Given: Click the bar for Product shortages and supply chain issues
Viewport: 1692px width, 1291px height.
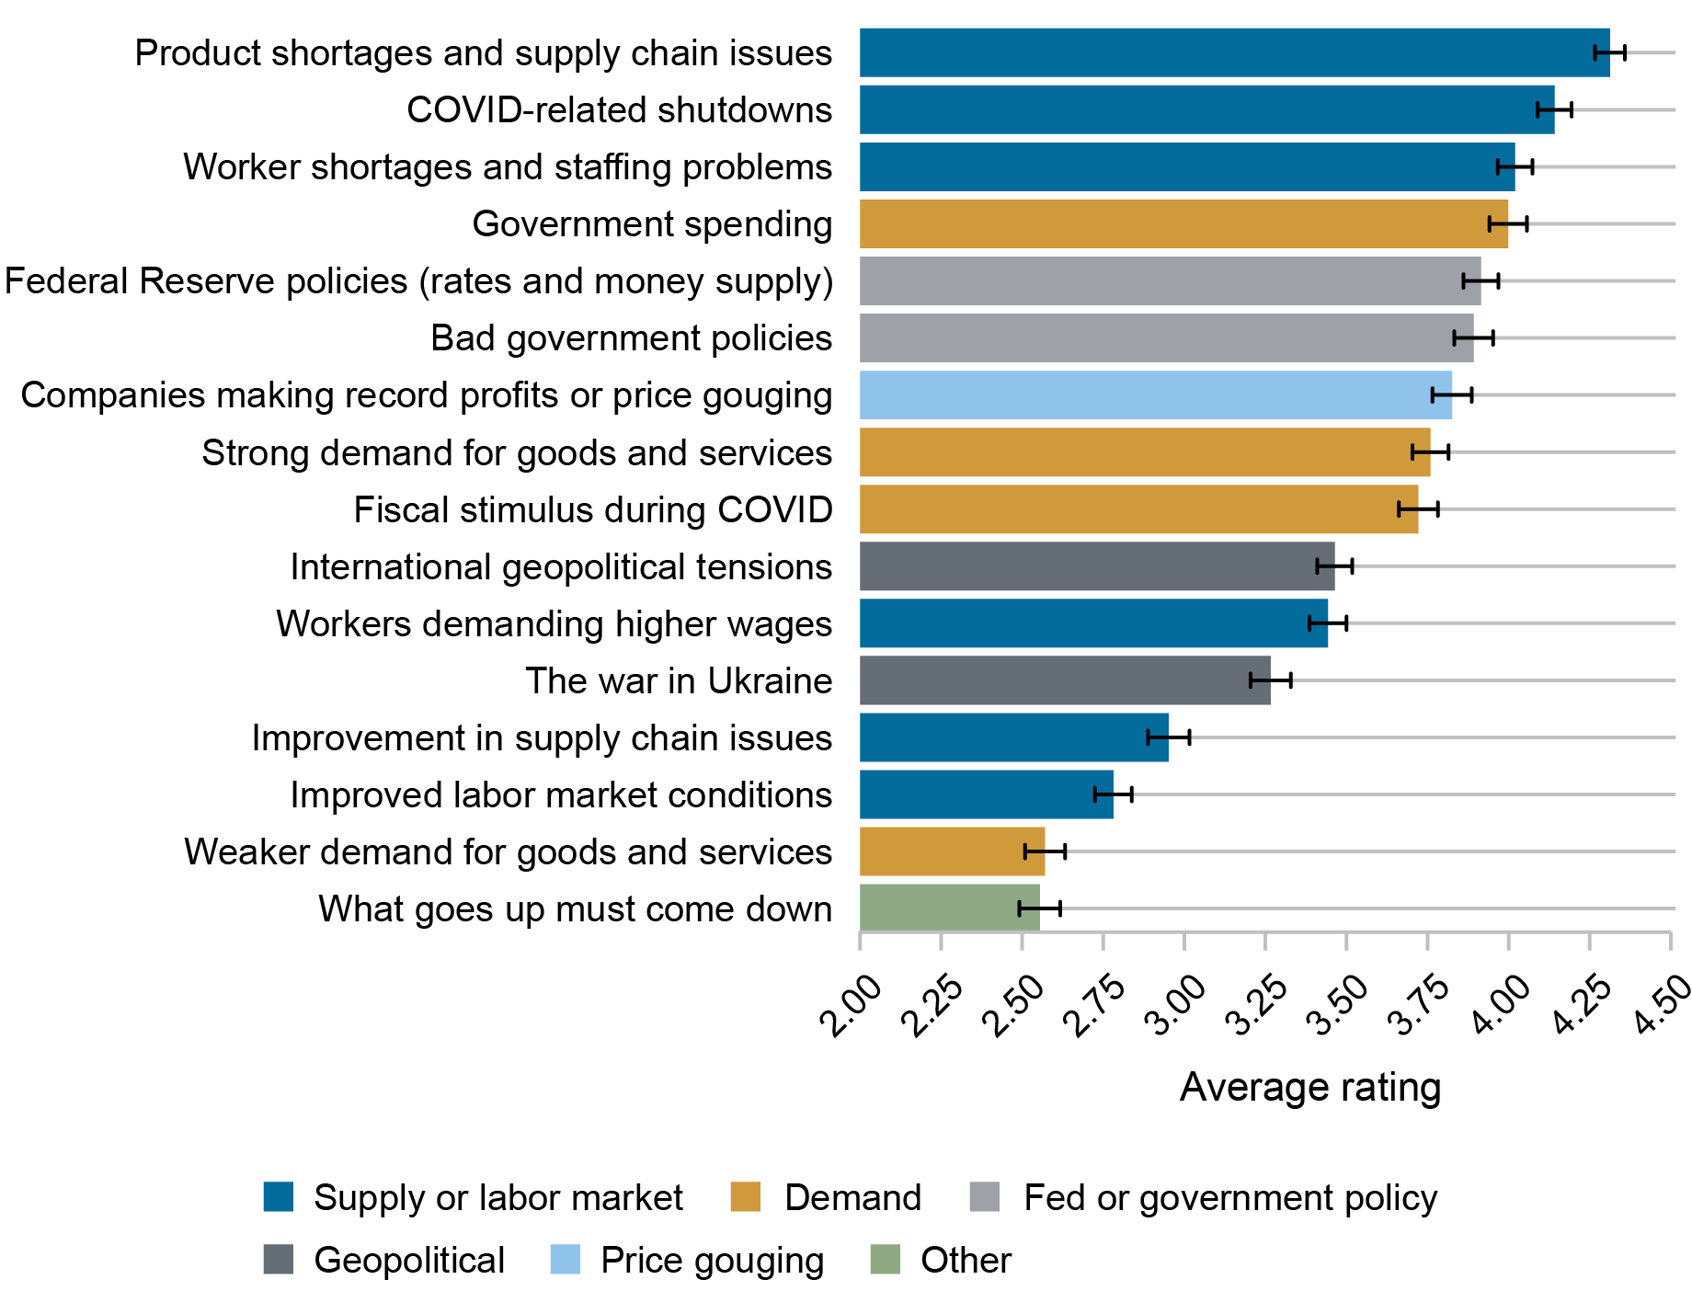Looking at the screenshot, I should point(1232,52).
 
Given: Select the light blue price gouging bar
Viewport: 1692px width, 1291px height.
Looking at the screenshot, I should point(1155,395).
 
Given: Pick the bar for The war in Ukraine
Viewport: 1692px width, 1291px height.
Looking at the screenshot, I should point(1065,680).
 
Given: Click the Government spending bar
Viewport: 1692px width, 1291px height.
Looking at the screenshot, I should point(1183,223).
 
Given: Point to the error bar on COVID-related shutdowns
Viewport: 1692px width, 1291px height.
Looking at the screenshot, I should point(1554,110).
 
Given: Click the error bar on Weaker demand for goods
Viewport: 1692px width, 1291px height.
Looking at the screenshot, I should point(1045,851).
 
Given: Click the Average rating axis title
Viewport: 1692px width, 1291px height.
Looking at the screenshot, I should point(1309,1087).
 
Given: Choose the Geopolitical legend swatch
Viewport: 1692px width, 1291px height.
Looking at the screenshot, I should point(279,1260).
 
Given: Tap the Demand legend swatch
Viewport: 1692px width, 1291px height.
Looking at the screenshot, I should point(746,1197).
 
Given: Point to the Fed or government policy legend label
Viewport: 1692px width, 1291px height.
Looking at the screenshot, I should point(1229,1197).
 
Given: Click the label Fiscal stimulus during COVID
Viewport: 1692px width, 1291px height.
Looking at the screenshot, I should point(593,509).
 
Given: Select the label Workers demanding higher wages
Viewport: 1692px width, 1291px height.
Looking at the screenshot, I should point(554,623).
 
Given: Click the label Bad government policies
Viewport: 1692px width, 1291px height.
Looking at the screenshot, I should point(631,337).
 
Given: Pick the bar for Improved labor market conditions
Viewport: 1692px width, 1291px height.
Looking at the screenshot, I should point(986,794).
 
